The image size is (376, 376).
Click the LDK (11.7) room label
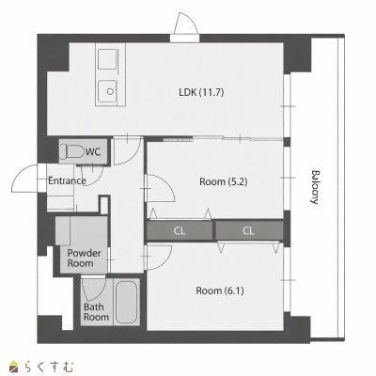(201, 92)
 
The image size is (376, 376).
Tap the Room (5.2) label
(224, 181)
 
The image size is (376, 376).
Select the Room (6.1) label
(220, 290)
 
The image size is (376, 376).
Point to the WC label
(93, 152)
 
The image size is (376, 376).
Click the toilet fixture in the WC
(72, 151)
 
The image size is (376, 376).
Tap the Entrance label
(67, 180)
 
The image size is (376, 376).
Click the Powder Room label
(84, 258)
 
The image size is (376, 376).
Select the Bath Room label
(96, 312)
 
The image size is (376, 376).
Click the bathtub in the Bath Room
(126, 302)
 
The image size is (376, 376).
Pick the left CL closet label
(180, 231)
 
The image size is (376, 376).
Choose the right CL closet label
(248, 231)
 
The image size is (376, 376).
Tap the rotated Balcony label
(315, 187)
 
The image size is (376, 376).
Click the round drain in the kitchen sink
(110, 91)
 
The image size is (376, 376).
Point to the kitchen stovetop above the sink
(107, 59)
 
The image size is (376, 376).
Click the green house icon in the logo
(14, 367)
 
